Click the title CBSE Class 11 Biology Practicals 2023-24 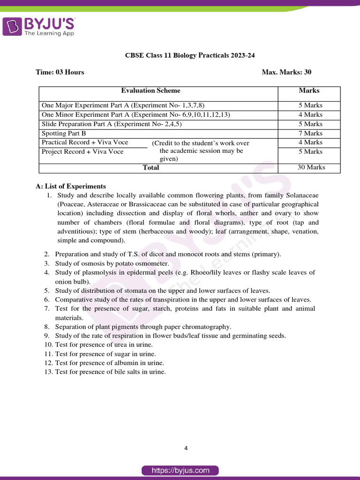[x=190, y=55]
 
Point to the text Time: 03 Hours [x=60, y=72]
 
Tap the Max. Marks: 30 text [x=286, y=72]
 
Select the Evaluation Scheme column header [x=150, y=90]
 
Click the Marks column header [x=309, y=90]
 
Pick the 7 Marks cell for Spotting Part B [x=310, y=133]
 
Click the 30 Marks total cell [x=311, y=167]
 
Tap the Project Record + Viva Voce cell [x=82, y=151]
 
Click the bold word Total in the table [x=151, y=167]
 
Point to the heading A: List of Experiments [x=71, y=186]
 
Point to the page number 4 [x=186, y=448]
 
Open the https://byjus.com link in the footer [x=180, y=470]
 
